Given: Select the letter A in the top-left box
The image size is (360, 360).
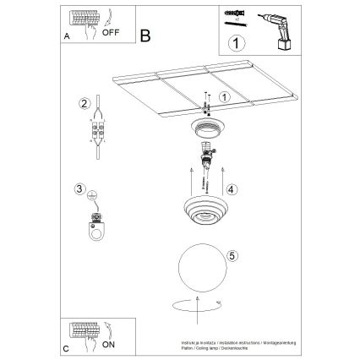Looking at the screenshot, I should [67, 36].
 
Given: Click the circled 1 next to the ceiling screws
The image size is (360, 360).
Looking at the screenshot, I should [224, 97].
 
